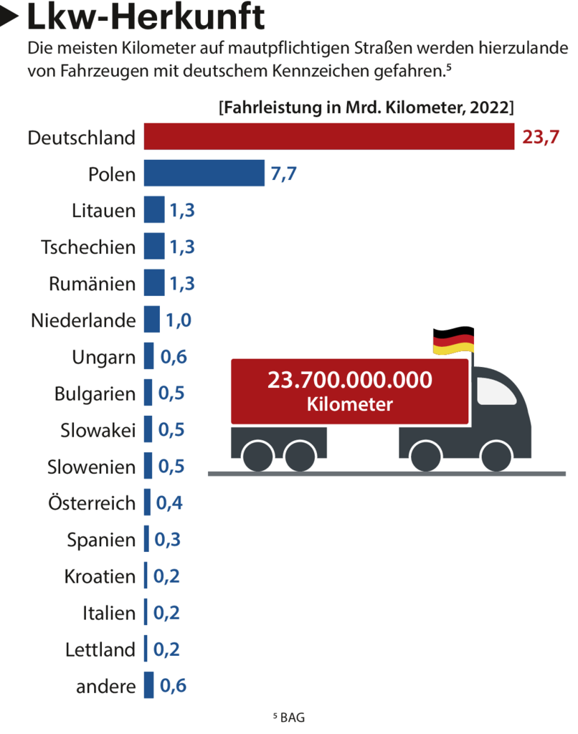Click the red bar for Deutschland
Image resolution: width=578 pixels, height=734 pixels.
point(329,136)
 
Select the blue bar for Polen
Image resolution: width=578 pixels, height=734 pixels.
point(204,173)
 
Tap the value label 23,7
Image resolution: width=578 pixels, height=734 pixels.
point(540,137)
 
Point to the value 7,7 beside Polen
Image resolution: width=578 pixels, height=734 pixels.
point(283,174)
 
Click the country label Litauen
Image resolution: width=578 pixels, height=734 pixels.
point(103,211)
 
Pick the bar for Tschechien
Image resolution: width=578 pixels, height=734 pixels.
point(154,247)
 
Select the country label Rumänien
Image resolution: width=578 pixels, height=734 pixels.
point(92,284)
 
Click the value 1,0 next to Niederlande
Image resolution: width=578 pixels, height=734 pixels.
point(179,320)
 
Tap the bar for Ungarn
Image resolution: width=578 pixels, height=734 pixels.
point(149,356)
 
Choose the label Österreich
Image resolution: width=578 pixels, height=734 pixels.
point(91,503)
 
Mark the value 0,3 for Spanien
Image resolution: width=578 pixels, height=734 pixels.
point(168,540)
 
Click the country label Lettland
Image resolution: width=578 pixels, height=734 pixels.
point(100,649)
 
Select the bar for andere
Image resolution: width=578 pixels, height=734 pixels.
point(149,685)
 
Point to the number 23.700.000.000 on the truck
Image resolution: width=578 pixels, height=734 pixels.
point(350,380)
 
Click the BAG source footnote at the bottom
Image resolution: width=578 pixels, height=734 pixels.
point(289,717)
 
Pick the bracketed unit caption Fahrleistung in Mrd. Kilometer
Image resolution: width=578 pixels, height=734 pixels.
point(366,108)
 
